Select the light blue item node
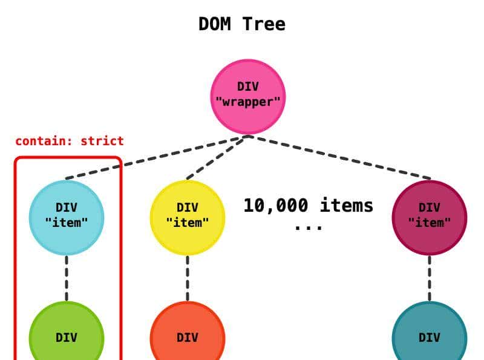click(67, 217)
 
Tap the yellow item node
click(188, 217)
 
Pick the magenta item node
click(430, 217)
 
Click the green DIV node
click(67, 336)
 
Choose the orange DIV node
click(188, 336)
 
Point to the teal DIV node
click(430, 336)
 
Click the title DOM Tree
click(242, 24)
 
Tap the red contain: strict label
click(70, 142)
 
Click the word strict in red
click(102, 142)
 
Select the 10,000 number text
click(275, 206)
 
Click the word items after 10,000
click(347, 206)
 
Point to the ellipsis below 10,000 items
click(309, 227)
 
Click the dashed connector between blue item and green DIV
click(67, 278)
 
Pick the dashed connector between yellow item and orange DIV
click(188, 278)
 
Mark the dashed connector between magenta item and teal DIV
click(430, 278)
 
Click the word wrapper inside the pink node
click(248, 101)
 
